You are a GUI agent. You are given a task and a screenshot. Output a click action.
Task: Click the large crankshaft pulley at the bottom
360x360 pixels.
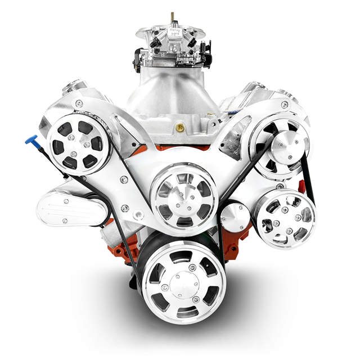click(183, 281)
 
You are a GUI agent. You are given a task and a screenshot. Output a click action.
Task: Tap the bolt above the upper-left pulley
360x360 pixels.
click(79, 103)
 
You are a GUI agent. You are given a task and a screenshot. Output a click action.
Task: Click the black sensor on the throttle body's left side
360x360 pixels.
click(137, 58)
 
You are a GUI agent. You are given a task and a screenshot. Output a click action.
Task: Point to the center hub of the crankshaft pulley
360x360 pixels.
click(183, 283)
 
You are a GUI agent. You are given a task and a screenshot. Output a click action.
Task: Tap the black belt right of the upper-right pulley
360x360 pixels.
click(306, 169)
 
